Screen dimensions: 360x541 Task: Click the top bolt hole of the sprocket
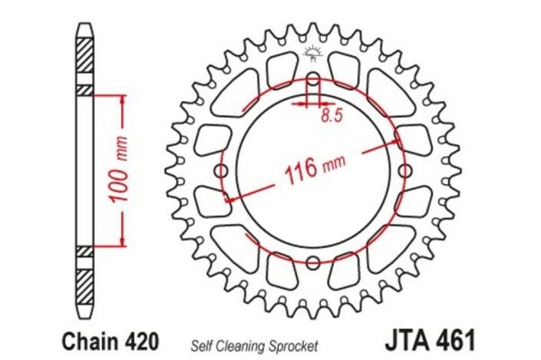312,80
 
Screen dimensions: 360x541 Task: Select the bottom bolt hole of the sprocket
312,263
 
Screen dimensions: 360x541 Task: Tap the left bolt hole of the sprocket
223,170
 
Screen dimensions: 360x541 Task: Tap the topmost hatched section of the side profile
84,58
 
